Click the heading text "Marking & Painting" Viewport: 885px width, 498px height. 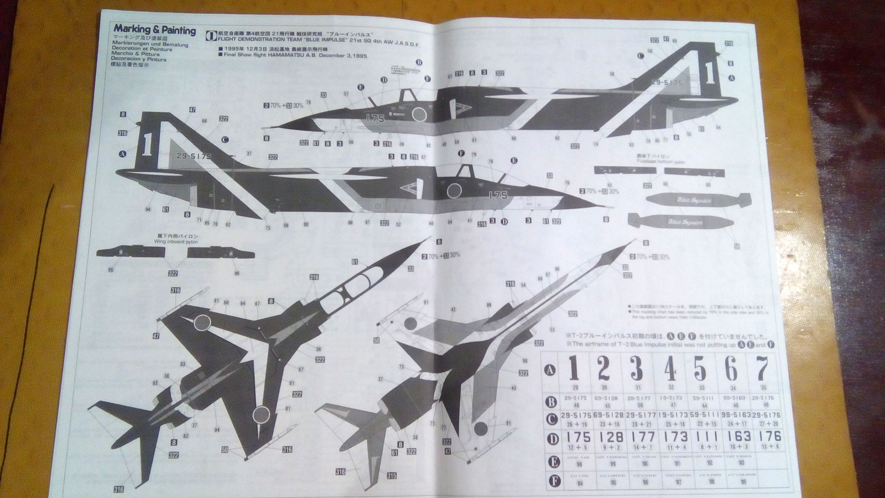click(x=154, y=30)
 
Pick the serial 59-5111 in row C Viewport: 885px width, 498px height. click(x=701, y=416)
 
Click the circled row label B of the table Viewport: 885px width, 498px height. click(x=550, y=402)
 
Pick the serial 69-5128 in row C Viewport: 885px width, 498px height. click(x=604, y=416)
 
